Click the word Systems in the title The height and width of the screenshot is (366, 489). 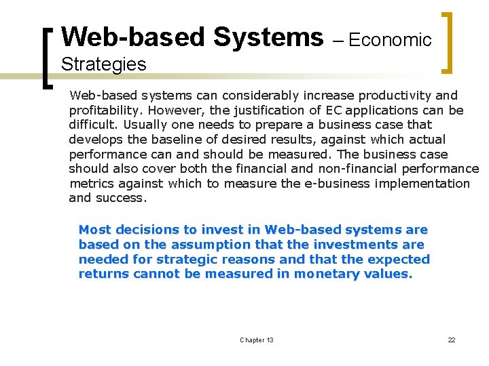click(268, 37)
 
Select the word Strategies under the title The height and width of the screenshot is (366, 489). click(103, 65)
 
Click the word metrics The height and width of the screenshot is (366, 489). click(90, 184)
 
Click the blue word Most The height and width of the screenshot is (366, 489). click(94, 230)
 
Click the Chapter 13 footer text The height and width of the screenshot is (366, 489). click(257, 340)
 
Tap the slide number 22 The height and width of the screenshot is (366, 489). click(451, 340)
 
